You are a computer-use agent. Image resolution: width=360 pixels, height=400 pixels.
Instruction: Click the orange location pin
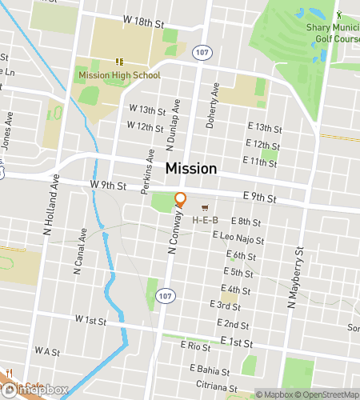pyautogui.click(x=181, y=200)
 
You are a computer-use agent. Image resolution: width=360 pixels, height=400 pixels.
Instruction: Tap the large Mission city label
pyautogui.click(x=190, y=169)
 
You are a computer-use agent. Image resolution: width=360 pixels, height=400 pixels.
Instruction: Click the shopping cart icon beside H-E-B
pyautogui.click(x=214, y=207)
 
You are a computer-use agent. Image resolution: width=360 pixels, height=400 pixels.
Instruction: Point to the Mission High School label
pyautogui.click(x=119, y=75)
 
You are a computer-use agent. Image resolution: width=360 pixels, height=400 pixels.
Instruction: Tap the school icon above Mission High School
pyautogui.click(x=119, y=61)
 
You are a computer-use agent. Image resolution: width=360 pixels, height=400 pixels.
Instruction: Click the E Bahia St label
pyautogui.click(x=210, y=371)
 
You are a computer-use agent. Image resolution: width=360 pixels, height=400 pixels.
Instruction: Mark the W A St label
pyautogui.click(x=47, y=350)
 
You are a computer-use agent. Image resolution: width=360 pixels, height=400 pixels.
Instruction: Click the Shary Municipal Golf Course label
pyautogui.click(x=333, y=33)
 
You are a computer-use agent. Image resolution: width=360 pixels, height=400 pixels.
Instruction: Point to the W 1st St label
pyautogui.click(x=90, y=320)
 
